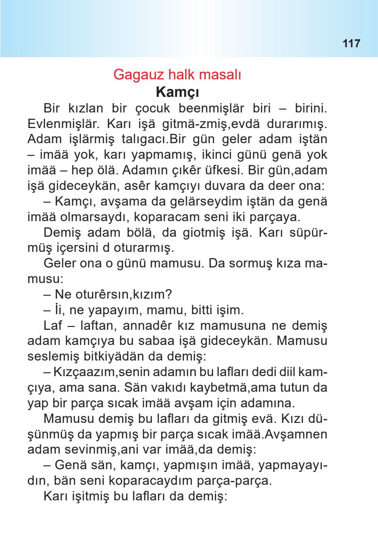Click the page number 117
pos(350,43)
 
